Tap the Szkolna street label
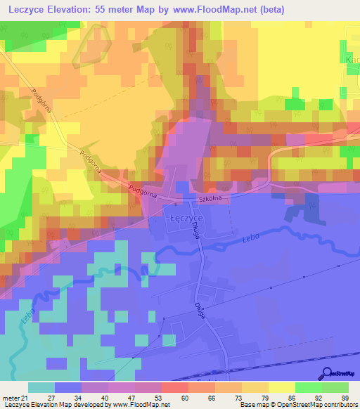point(211,199)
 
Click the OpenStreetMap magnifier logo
point(326,373)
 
